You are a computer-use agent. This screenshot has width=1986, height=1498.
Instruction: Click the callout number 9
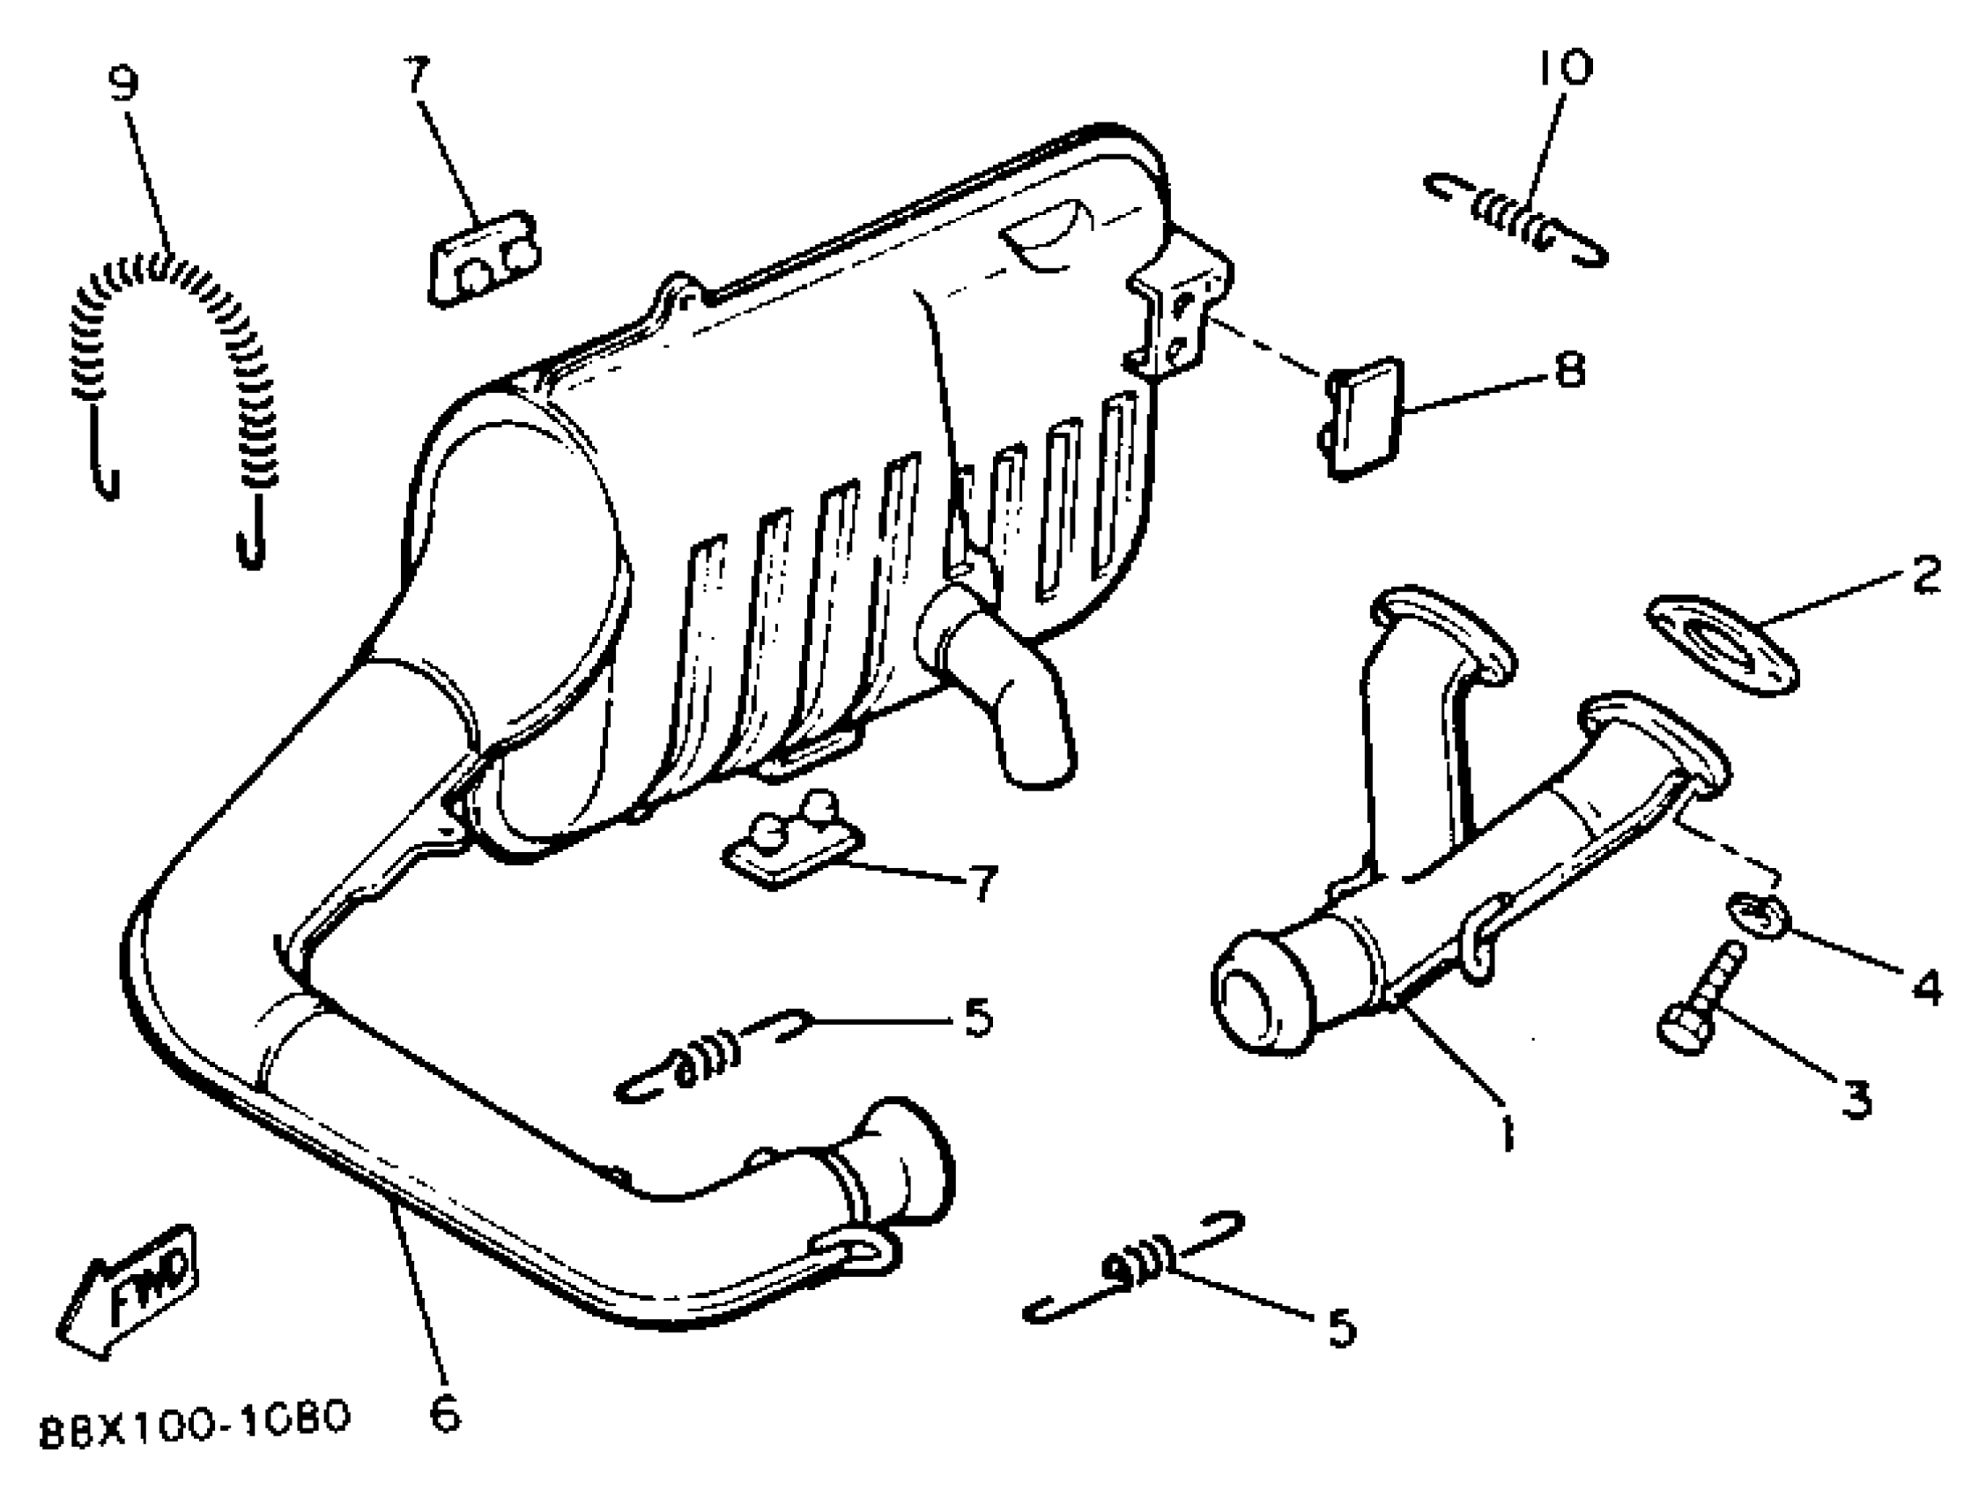coord(124,84)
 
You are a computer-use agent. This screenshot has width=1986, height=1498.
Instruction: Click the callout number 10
coord(1564,68)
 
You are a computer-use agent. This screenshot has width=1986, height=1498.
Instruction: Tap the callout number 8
coord(1568,370)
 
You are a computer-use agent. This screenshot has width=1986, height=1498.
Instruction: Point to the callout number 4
coord(1925,989)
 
